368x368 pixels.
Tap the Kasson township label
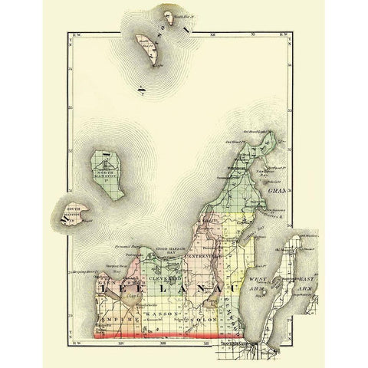click(x=160, y=314)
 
